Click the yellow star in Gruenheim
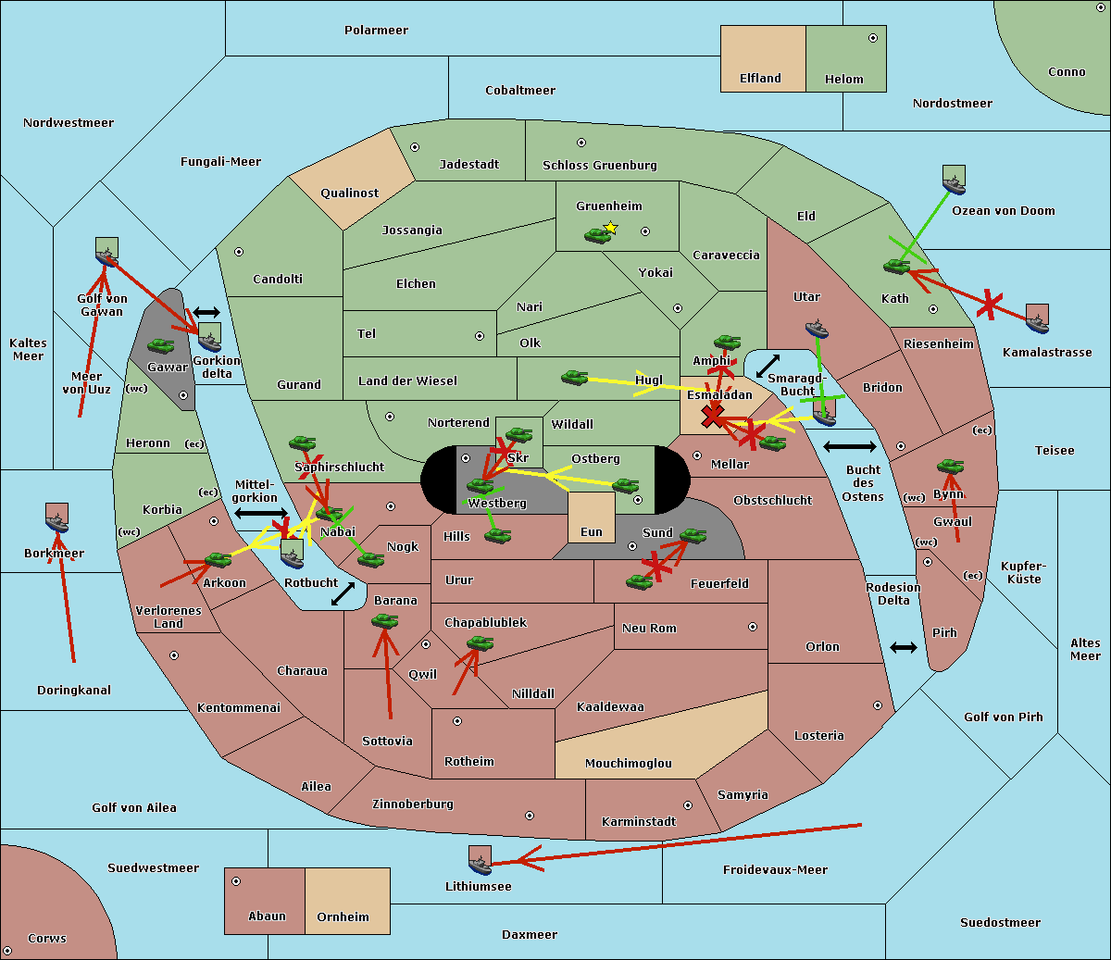click(610, 227)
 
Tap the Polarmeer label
click(376, 31)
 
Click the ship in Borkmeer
click(57, 520)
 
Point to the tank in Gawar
click(161, 346)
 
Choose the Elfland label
click(760, 79)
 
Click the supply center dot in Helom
click(872, 38)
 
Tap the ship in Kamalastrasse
click(1037, 320)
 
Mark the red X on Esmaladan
click(712, 416)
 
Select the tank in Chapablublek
click(480, 643)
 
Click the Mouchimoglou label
click(628, 764)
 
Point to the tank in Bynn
click(950, 467)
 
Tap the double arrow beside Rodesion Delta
click(904, 647)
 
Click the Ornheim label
click(343, 917)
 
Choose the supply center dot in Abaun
click(236, 881)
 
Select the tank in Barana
click(384, 621)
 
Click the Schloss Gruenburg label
click(599, 166)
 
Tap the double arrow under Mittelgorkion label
click(261, 513)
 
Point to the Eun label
click(591, 532)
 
